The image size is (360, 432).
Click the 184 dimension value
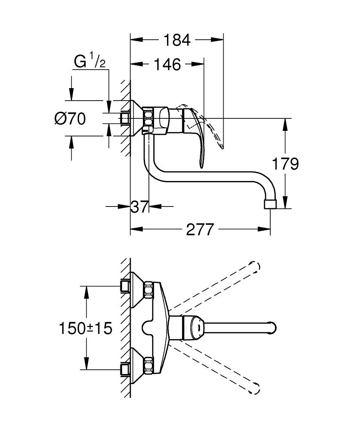(177, 40)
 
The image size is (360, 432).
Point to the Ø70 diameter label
(70, 118)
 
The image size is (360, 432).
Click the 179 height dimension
(285, 164)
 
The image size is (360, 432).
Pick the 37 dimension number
(139, 207)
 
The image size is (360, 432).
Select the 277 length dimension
(200, 230)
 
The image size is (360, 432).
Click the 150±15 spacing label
(85, 328)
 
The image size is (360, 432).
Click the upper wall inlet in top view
(125, 286)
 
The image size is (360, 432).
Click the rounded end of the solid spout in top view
(273, 327)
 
